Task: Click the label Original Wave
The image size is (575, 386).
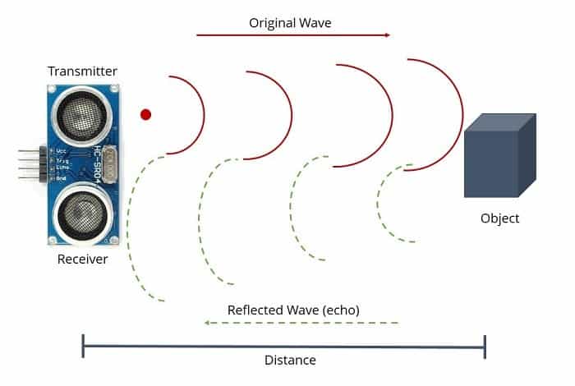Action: pos(290,22)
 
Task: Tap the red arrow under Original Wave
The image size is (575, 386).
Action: pos(293,35)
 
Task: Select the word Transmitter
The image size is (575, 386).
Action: pos(82,71)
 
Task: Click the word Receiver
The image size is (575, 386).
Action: pos(82,260)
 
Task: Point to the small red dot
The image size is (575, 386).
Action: pos(146,114)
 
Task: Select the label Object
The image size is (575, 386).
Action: pos(499,218)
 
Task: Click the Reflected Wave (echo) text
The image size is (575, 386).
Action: pos(293,310)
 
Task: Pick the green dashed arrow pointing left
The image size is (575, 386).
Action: pos(301,323)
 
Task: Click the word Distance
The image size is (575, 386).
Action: pos(290,360)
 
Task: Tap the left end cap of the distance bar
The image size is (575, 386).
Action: pos(83,346)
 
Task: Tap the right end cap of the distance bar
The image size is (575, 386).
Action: pos(485,346)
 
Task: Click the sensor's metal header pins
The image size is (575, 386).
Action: pos(27,164)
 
